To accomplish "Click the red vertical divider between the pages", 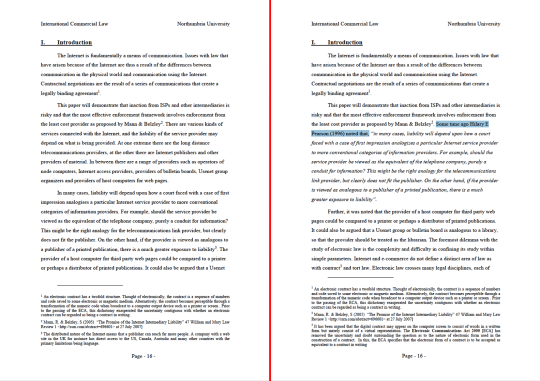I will tap(270, 190).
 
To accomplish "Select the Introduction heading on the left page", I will tap(74, 42).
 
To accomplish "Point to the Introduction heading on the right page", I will tap(345, 42).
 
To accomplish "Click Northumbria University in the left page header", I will tap(203, 23).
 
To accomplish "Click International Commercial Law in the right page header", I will tap(344, 23).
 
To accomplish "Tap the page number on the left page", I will tap(143, 356).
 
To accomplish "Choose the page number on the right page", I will tap(414, 356).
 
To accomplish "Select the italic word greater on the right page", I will tap(320, 199).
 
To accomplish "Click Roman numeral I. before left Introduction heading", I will tap(43, 42).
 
